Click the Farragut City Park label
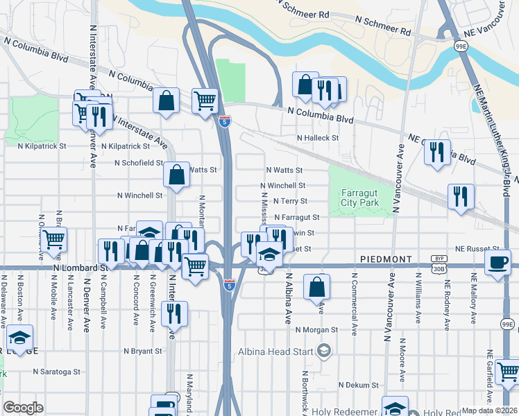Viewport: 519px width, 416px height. point(361,198)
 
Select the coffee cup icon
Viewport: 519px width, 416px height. point(498,263)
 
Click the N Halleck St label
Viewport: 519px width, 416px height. point(317,138)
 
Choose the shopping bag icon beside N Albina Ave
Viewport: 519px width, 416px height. point(316,286)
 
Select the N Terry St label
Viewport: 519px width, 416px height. point(291,201)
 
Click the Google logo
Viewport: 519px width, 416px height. point(23,408)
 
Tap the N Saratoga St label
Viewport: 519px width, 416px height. point(61,372)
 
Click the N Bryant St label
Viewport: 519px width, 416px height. point(138,352)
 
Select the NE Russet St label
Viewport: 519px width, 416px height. point(477,248)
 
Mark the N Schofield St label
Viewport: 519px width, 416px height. point(139,164)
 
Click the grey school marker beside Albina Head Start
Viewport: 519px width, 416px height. point(323,350)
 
